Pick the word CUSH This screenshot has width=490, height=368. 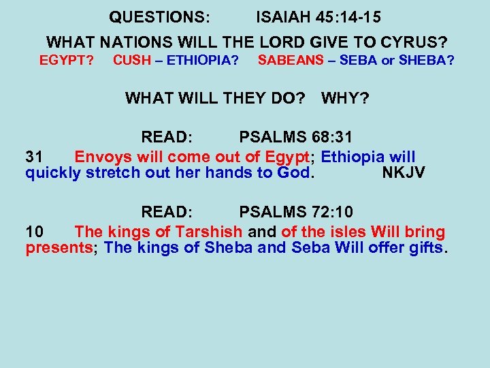pos(132,61)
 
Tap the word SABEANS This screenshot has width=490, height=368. pos(291,61)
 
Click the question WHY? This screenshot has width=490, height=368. pos(345,99)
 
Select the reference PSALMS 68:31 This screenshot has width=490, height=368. pos(306,137)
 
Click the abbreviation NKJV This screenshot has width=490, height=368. pos(404,172)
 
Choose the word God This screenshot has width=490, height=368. pos(293,172)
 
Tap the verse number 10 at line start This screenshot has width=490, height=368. pos(34,232)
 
